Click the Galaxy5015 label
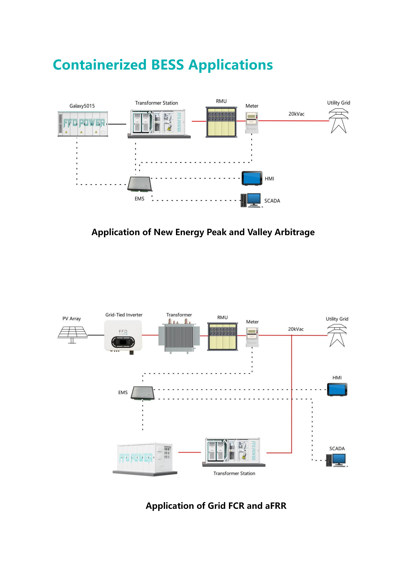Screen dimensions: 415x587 point(82,106)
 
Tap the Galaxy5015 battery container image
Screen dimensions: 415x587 point(83,124)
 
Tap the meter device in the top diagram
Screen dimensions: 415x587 point(252,123)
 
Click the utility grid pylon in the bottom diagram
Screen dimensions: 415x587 point(337,335)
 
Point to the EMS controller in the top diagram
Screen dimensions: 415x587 point(140,184)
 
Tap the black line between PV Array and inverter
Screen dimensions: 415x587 point(96,335)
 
